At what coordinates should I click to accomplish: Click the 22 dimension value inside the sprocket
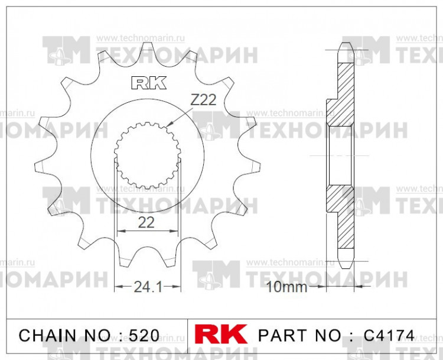click(146, 223)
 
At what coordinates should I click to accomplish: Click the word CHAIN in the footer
click(47, 336)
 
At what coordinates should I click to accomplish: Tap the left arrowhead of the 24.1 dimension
click(116, 287)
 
